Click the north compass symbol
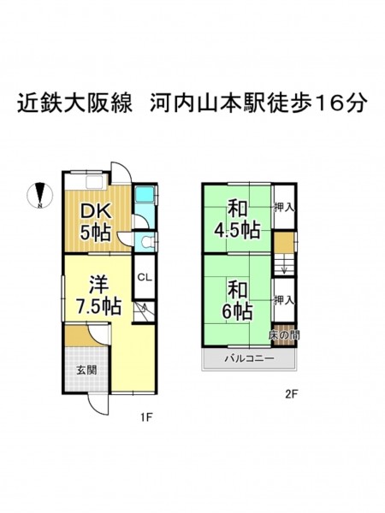[x=39, y=195]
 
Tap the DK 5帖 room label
[x=96, y=222]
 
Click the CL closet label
[x=145, y=278]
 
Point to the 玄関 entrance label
[x=86, y=370]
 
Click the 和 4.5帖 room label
[x=237, y=221]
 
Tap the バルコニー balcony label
[x=249, y=358]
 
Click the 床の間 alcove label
[x=284, y=335]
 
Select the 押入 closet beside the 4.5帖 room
[x=284, y=208]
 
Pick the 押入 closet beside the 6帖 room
[x=284, y=300]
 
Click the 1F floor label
[x=146, y=417]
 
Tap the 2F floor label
[x=291, y=394]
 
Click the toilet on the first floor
[x=146, y=242]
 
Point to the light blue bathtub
[x=145, y=195]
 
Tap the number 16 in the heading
[x=329, y=103]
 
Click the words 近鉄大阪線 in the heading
[x=75, y=103]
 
